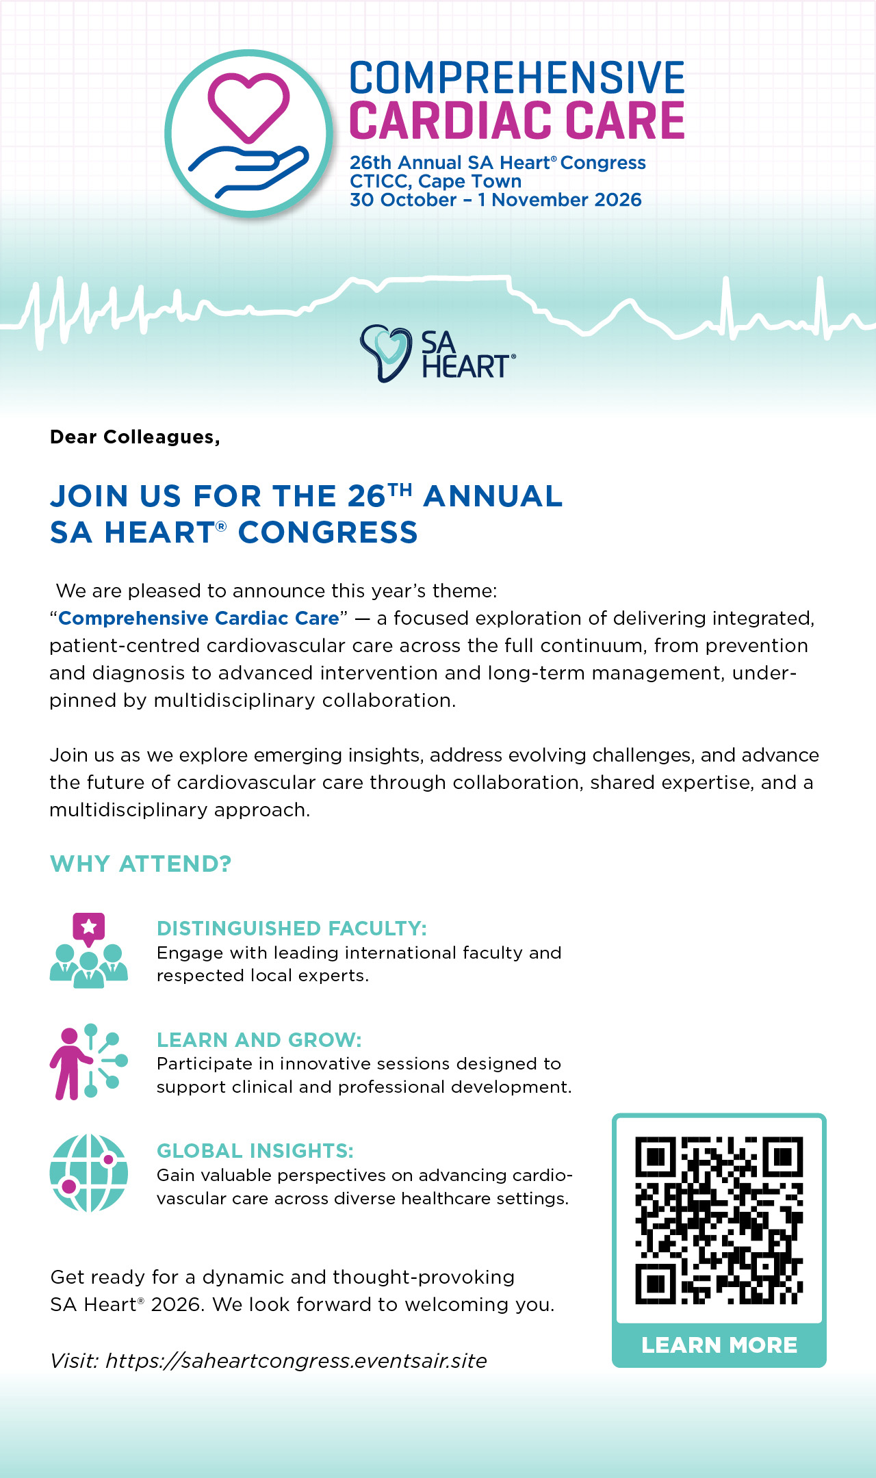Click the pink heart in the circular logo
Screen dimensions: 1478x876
pos(248,106)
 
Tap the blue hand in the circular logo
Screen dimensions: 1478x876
pos(248,170)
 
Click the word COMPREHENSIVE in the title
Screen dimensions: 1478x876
pos(517,78)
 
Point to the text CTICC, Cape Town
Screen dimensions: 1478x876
pos(435,181)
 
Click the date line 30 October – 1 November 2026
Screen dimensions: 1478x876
pos(495,200)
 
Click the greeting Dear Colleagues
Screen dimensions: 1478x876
pos(135,437)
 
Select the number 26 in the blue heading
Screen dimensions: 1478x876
pos(366,496)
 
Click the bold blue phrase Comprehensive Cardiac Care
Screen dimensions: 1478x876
pos(198,618)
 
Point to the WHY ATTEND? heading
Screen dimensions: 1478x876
pos(141,864)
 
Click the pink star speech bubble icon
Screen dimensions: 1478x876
pos(89,928)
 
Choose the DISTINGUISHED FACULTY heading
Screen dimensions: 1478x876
pos(292,929)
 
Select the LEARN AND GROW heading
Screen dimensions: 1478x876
pos(259,1040)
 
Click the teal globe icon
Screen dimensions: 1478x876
pos(89,1173)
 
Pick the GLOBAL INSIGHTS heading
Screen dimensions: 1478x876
pos(255,1151)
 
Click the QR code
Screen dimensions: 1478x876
pos(719,1220)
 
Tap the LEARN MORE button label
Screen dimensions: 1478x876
pos(719,1345)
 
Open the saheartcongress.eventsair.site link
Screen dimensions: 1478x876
pos(296,1360)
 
